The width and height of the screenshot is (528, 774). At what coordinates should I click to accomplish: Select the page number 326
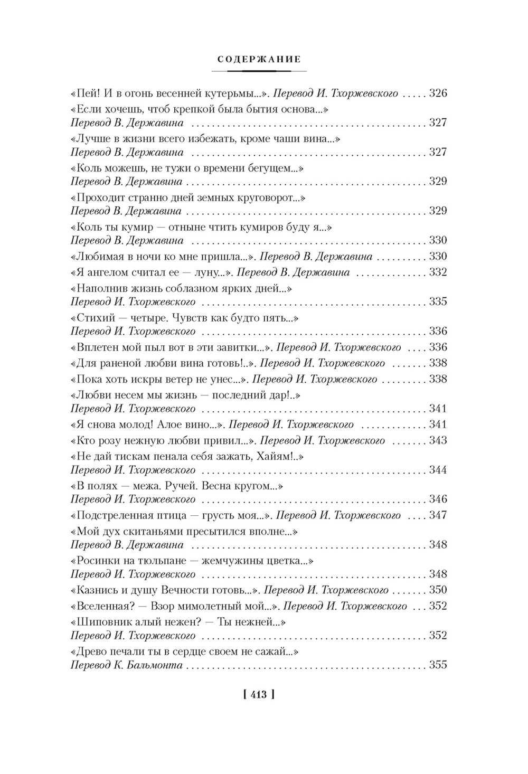coord(438,94)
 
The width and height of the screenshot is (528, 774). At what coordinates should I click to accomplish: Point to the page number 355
coord(438,665)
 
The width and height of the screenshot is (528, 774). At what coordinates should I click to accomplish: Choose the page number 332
coord(438,272)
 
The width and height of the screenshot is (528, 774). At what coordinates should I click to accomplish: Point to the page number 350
coord(438,590)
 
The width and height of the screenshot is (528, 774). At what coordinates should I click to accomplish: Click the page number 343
coord(438,440)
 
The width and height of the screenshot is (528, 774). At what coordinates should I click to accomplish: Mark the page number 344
coord(438,470)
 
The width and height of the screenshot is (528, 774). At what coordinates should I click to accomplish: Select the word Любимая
coord(98,257)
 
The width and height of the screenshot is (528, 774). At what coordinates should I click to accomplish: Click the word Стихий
coord(93,318)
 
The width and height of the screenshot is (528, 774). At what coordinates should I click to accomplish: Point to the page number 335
coord(438,302)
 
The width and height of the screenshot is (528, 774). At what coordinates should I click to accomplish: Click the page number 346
coord(438,499)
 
